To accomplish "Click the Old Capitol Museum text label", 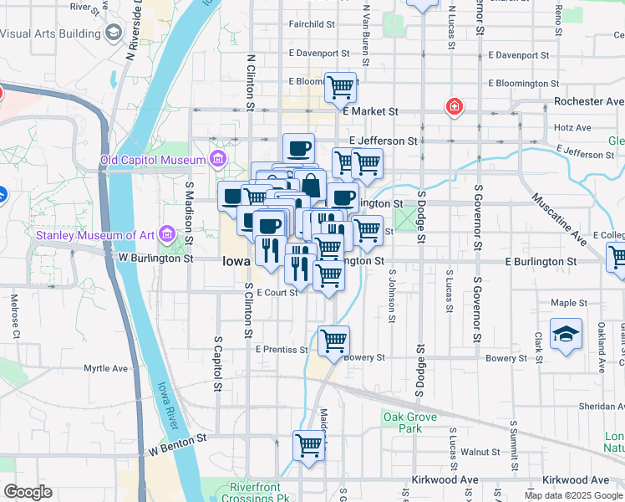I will click(x=153, y=160).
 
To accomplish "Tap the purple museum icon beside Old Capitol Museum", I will click(x=218, y=158).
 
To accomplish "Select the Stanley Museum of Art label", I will click(x=97, y=234).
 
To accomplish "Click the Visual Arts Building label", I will click(x=49, y=34).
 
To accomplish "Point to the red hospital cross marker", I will click(x=454, y=107).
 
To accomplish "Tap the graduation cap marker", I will click(x=566, y=333).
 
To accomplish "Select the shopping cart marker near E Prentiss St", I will click(x=333, y=341).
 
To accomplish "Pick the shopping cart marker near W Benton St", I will click(x=308, y=445).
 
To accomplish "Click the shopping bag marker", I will click(x=310, y=184).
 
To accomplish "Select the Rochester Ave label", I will click(x=589, y=101).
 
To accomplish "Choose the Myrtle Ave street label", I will click(x=105, y=368).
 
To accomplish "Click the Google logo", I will click(x=27, y=492).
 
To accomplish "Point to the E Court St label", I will click(x=277, y=293).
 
